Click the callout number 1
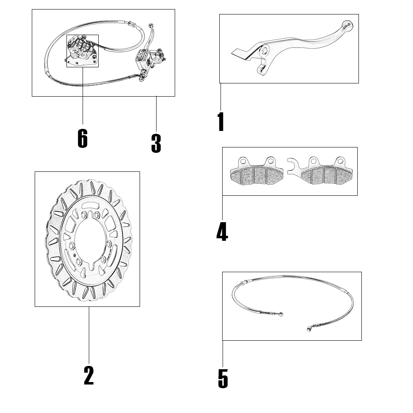(221, 121)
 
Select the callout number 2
(89, 375)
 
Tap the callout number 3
(156, 143)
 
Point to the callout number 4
(222, 232)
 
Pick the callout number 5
(223, 378)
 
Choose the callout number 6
(83, 138)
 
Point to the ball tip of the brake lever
(347, 25)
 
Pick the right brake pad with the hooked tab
(320, 171)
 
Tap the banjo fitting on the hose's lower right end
(309, 328)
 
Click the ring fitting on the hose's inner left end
(281, 314)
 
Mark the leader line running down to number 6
(83, 96)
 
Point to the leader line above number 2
(89, 335)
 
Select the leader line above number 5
(223, 354)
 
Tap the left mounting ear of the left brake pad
(243, 161)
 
